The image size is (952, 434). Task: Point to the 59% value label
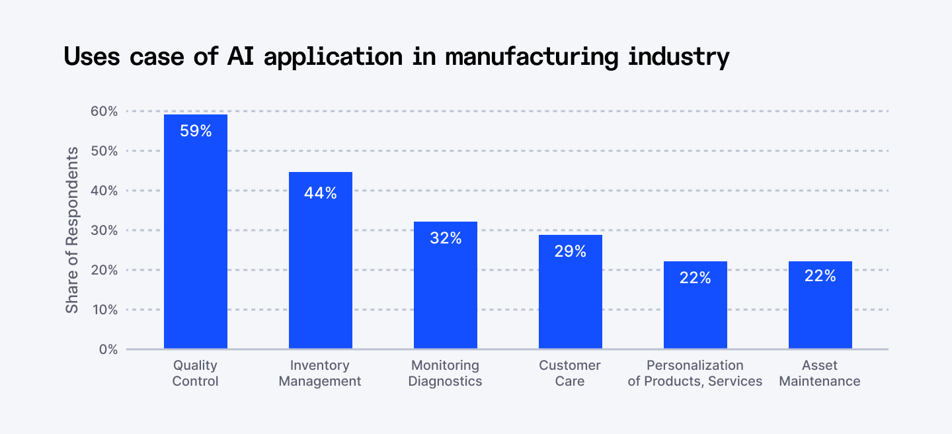(x=196, y=131)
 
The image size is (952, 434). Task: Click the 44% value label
(x=320, y=193)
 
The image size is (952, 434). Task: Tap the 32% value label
(x=446, y=238)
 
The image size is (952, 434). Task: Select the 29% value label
(x=571, y=251)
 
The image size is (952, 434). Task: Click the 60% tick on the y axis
(x=104, y=111)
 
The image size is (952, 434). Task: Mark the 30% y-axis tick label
(x=104, y=230)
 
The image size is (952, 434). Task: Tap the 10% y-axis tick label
(x=104, y=310)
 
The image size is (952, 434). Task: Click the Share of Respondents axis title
(x=72, y=230)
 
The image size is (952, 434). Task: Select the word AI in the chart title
(x=242, y=57)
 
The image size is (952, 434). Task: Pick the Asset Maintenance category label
(x=820, y=373)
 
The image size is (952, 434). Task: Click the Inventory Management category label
(x=320, y=373)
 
